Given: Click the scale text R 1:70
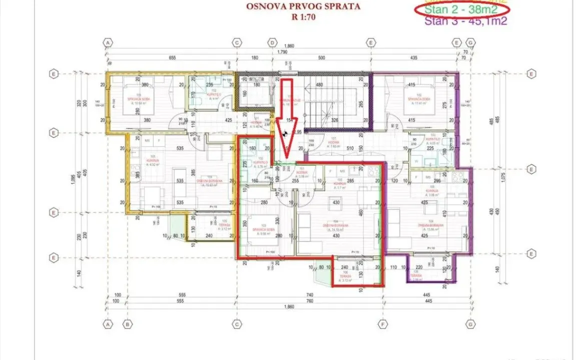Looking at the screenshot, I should click(x=304, y=16).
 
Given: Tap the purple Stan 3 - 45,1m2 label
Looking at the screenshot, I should click(x=466, y=21).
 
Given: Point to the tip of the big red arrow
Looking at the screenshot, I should click(x=286, y=152).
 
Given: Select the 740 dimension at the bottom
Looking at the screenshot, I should click(x=310, y=295).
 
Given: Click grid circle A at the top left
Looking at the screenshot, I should click(x=108, y=43).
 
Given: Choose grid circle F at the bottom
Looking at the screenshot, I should click(x=383, y=323).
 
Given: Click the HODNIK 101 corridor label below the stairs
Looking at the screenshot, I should click(x=334, y=142).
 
